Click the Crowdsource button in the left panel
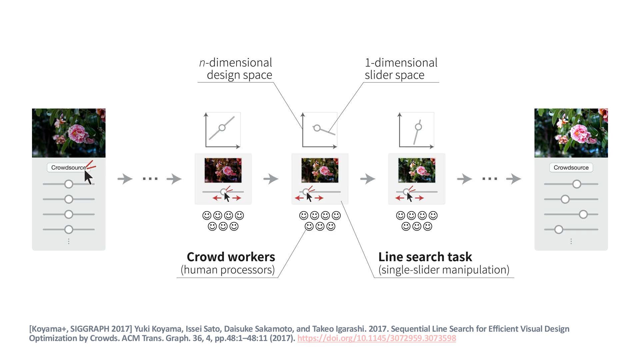(68, 167)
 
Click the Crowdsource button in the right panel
(571, 167)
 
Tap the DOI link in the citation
(376, 338)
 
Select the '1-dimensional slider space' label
(401, 69)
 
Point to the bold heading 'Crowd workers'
(231, 257)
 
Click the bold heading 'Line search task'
(425, 257)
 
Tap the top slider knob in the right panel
(577, 184)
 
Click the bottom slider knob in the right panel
(559, 229)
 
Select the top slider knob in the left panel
(69, 184)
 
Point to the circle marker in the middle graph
(317, 128)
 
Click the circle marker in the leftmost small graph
(222, 128)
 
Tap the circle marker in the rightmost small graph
(418, 127)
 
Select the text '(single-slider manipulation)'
(444, 270)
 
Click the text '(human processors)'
(228, 270)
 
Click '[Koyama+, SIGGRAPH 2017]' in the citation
(80, 329)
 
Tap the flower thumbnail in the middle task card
(320, 170)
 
